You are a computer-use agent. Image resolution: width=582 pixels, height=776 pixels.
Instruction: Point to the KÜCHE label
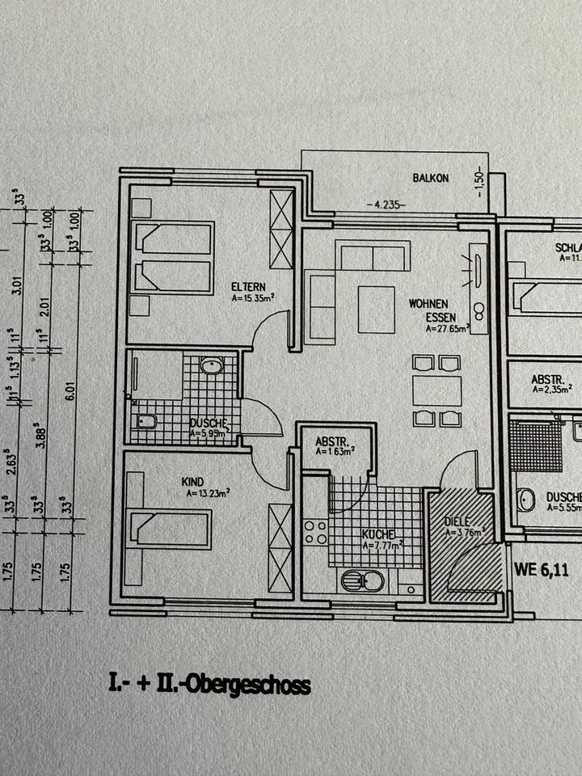pyautogui.click(x=377, y=534)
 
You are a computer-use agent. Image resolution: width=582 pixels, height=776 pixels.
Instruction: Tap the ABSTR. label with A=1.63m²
pyautogui.click(x=331, y=442)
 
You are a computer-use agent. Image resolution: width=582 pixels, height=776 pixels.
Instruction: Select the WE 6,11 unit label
pyautogui.click(x=542, y=569)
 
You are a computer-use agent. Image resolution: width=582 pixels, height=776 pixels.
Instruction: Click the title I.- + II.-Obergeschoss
pyautogui.click(x=209, y=685)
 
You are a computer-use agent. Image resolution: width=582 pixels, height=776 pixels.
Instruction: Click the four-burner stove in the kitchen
pyautogui.click(x=314, y=532)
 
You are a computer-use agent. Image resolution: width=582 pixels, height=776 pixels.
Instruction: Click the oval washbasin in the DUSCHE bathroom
pyautogui.click(x=212, y=366)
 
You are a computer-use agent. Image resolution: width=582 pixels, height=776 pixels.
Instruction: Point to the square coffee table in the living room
pyautogui.click(x=377, y=310)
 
